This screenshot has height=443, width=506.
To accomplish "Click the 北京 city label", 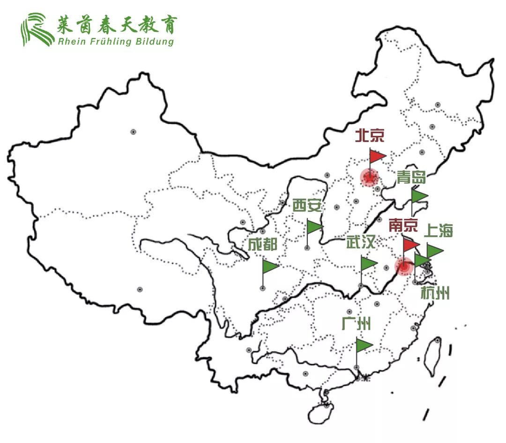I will (x=370, y=136).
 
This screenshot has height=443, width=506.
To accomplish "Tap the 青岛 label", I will (x=411, y=178).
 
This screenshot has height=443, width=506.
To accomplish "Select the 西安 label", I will (x=307, y=206).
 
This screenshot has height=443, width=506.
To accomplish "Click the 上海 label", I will (x=439, y=231).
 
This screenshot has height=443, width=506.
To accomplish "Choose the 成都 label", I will (x=263, y=244).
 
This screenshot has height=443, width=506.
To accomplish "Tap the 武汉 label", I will (x=361, y=243).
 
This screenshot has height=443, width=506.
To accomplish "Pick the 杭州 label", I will (x=435, y=294).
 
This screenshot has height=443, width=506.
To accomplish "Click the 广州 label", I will (x=357, y=324).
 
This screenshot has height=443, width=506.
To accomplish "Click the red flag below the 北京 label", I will (x=377, y=156).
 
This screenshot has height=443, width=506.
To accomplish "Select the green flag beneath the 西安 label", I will (x=315, y=227).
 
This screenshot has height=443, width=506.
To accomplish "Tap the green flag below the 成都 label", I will (x=270, y=267).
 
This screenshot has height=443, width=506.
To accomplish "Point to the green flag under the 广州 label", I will (x=364, y=345).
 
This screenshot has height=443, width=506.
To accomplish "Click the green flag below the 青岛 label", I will (x=419, y=196).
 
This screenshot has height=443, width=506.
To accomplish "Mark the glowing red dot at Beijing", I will (x=369, y=178).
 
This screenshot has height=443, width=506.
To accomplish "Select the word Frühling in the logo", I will (x=103, y=41).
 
